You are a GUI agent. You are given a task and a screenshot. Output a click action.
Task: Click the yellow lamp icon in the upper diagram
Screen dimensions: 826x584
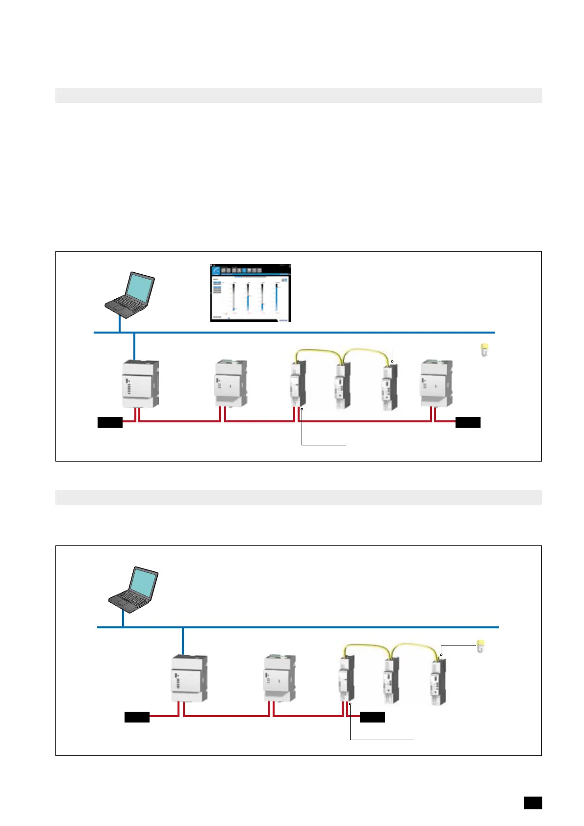[484, 350]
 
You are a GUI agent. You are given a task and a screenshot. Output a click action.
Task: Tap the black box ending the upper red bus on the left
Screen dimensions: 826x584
[110, 422]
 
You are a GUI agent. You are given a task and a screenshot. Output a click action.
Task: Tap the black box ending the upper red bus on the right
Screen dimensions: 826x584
[468, 422]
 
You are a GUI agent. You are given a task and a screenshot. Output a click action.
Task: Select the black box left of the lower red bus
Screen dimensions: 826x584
[137, 717]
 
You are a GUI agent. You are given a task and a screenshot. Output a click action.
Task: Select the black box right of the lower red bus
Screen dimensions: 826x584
[372, 717]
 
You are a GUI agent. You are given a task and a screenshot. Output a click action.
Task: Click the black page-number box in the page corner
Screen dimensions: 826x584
[533, 803]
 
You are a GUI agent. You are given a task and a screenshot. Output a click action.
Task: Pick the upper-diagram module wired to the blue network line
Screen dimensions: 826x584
[140, 384]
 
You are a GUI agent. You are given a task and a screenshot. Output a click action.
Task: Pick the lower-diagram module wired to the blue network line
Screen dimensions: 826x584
[189, 679]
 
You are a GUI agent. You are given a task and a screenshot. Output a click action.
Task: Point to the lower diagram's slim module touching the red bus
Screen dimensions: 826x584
[347, 679]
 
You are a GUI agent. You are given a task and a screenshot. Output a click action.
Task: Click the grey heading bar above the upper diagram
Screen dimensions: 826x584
[298, 96]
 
